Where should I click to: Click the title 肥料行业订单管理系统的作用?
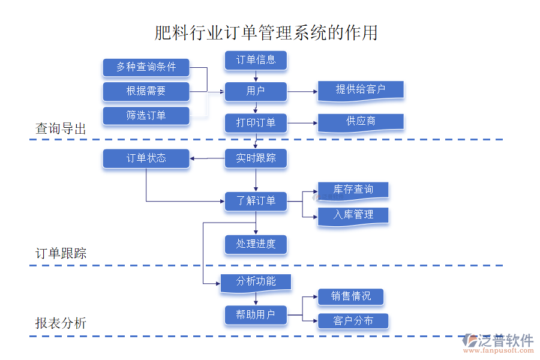266,32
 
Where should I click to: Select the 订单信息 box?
256,60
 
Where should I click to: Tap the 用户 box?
256,91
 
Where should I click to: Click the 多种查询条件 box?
146,67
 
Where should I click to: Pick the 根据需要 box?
146,91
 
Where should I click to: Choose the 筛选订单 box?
146,115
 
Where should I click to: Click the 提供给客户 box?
361,90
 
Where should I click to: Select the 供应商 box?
361,122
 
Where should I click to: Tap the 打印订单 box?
256,123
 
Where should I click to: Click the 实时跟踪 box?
256,158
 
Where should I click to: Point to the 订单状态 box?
146,158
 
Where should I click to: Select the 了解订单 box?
256,201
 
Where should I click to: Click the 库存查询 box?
353,190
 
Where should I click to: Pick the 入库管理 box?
353,215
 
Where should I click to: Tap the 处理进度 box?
256,244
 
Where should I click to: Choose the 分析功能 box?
256,282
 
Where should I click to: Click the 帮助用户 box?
256,314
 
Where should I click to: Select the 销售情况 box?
350,296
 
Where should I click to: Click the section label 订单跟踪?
61,253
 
